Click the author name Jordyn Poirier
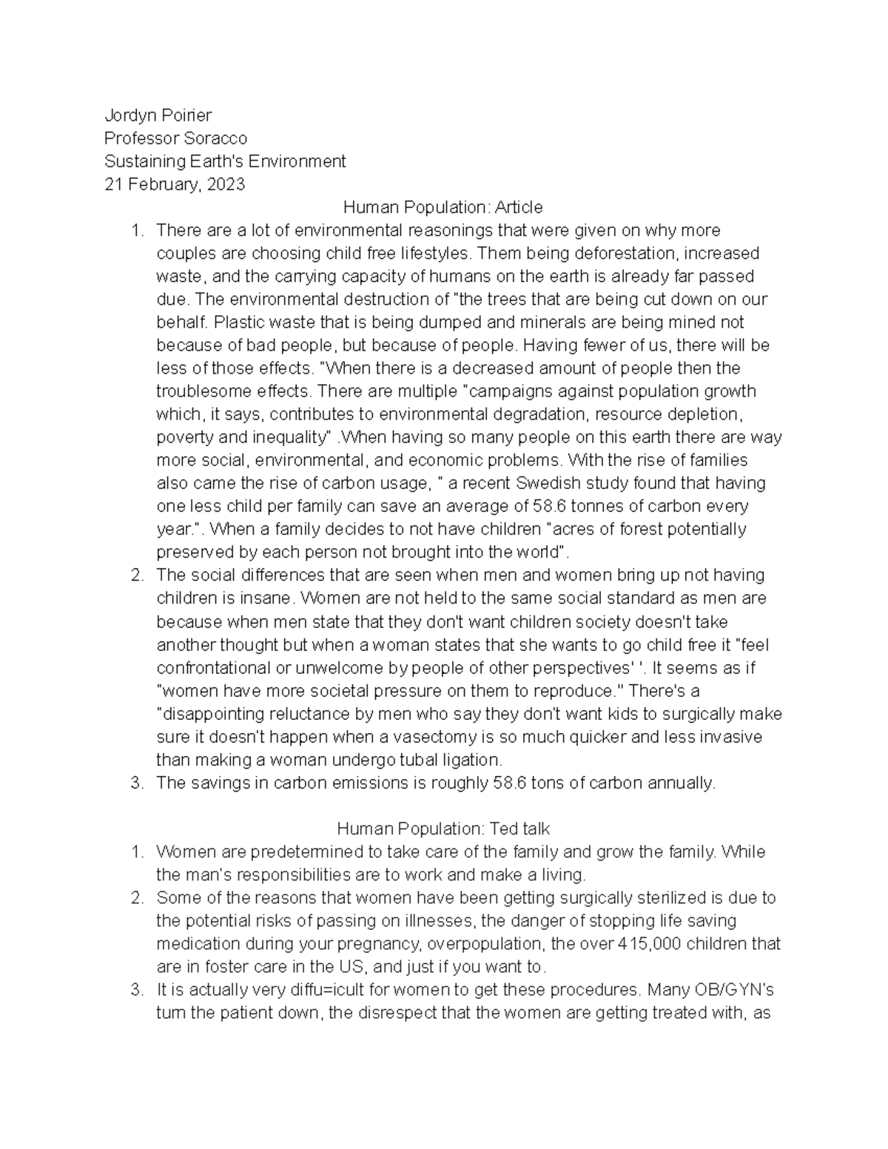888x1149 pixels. [x=158, y=115]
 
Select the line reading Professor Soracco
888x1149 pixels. [x=175, y=138]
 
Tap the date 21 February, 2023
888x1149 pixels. [x=174, y=184]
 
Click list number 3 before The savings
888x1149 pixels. [x=135, y=783]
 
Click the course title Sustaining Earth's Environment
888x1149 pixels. [x=225, y=161]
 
